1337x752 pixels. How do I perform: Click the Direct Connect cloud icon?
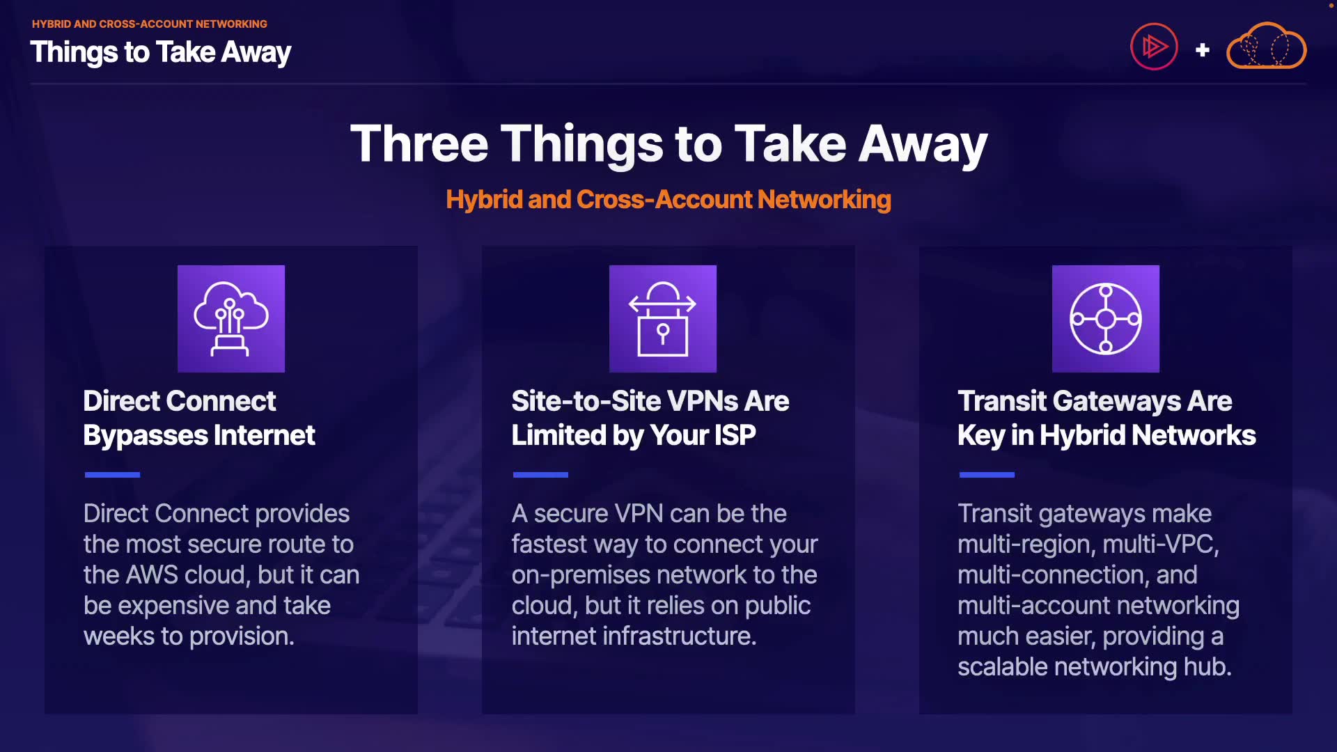click(231, 319)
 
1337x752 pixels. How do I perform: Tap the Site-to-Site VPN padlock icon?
click(663, 319)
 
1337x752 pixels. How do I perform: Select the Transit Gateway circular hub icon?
click(1106, 319)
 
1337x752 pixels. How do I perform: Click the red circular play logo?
click(1154, 47)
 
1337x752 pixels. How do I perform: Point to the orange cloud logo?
click(1266, 46)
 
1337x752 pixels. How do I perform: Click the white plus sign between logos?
click(1202, 50)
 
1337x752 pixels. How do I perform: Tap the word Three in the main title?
click(419, 143)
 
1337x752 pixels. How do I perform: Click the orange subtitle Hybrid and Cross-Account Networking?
click(668, 200)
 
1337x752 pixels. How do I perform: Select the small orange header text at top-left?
click(150, 24)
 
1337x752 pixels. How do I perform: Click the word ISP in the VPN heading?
click(735, 435)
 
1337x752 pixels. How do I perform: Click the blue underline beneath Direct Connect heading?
click(112, 475)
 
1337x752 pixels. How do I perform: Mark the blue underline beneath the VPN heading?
click(540, 475)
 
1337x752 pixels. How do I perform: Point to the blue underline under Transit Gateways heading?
click(987, 475)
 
